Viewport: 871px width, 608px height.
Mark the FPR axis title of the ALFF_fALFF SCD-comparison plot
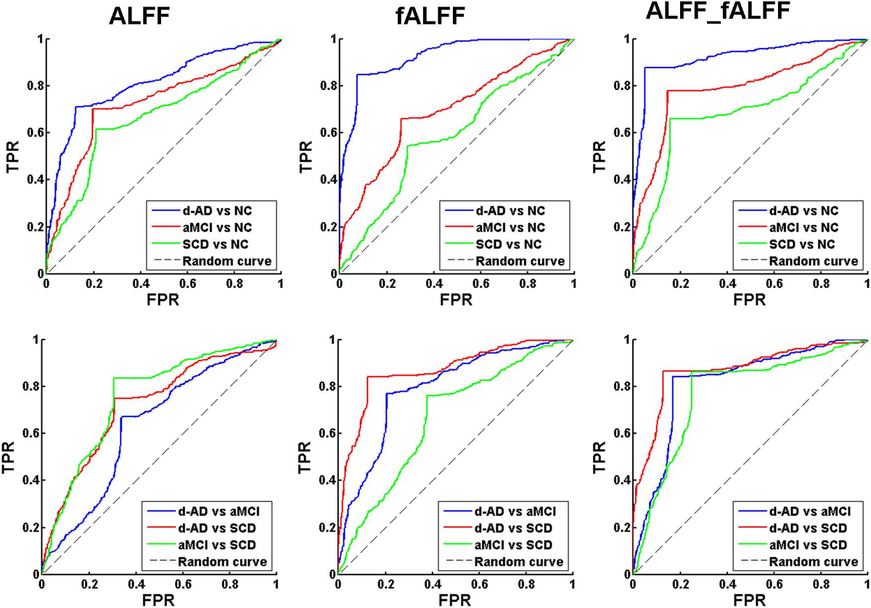751,599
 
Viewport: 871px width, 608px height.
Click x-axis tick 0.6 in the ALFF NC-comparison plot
187,284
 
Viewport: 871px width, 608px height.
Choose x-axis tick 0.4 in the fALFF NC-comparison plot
433,284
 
